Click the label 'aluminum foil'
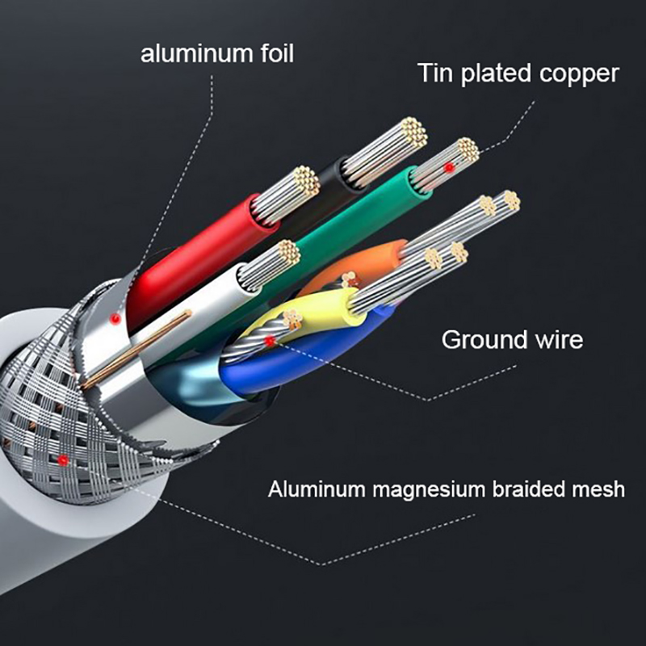217,54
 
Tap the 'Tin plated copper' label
518,73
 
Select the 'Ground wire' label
511,339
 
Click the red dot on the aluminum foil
115,319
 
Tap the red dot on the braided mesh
63,460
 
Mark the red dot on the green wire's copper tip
449,166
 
